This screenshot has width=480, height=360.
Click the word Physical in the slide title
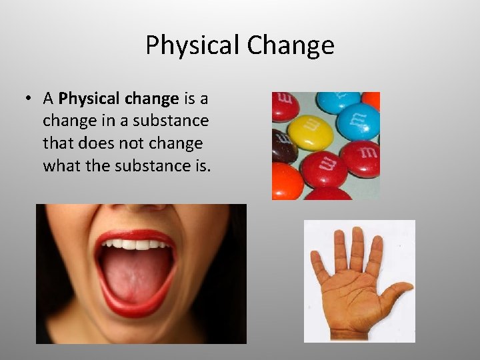tap(193, 46)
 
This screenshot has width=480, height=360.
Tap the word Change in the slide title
tap(290, 46)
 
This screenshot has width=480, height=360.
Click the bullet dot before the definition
tap(29, 99)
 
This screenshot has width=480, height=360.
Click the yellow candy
tap(311, 133)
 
